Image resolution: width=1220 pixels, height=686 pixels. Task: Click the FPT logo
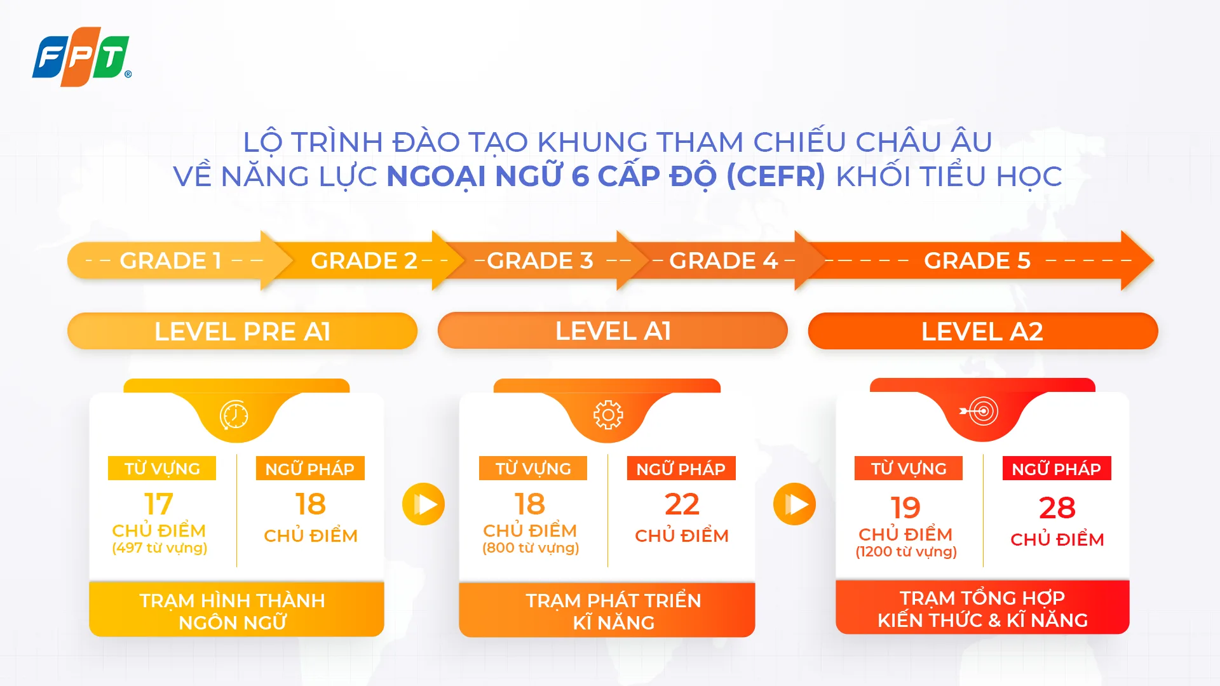[81, 57]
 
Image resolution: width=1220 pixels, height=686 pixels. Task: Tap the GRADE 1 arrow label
[170, 261]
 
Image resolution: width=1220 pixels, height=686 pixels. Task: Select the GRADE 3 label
[540, 261]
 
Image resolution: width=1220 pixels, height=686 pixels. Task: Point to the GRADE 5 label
[977, 261]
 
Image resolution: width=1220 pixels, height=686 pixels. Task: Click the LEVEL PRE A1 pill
[242, 331]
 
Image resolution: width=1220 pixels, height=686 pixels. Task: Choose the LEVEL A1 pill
[613, 331]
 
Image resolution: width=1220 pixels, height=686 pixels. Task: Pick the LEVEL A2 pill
[982, 331]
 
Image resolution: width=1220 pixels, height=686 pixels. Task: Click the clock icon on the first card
[234, 415]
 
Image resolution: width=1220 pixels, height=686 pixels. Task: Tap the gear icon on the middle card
[608, 415]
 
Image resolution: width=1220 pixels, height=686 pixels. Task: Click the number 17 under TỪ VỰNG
[159, 504]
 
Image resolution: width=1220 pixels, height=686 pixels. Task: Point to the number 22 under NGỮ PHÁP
[682, 504]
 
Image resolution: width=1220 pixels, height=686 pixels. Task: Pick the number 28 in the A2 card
[1057, 508]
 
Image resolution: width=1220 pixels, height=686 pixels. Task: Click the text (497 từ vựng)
[159, 548]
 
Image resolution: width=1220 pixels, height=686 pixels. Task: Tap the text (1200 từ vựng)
[906, 552]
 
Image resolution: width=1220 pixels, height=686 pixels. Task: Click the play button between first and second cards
[423, 504]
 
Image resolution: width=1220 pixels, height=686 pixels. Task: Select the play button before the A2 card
[794, 504]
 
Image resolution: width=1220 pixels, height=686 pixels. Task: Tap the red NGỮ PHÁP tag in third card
[1056, 469]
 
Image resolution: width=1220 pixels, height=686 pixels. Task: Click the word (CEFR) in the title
[776, 176]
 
